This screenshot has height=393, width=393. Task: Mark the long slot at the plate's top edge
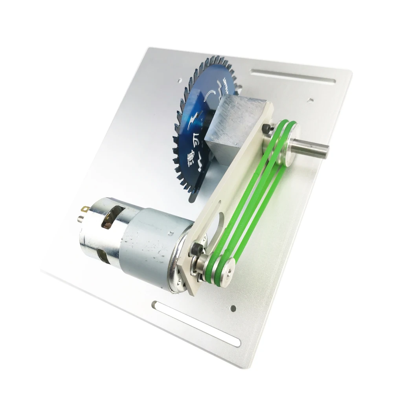pos(292,76)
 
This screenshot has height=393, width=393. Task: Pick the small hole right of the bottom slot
pos(233,307)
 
